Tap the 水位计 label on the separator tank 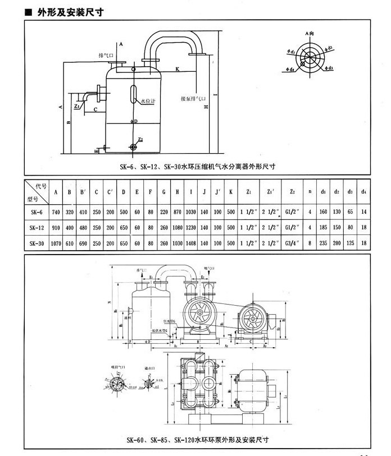147,102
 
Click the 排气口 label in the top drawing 106,56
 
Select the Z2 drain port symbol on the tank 133,147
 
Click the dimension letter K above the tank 178,69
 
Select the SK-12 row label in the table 37,228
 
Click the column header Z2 293,192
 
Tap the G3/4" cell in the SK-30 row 293,243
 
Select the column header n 310,192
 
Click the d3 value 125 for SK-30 350,243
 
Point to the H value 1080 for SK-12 177,228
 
